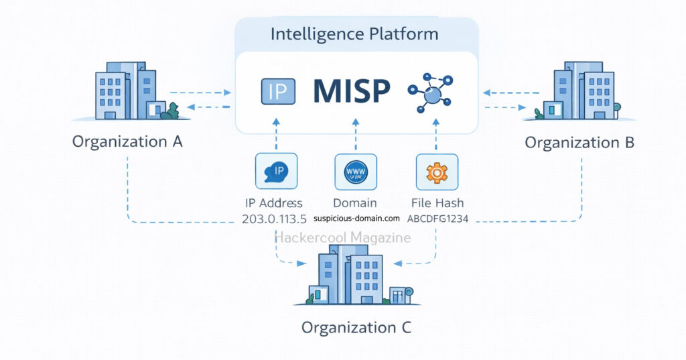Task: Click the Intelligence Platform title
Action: [355, 34]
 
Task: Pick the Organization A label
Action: [127, 141]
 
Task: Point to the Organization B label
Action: [579, 142]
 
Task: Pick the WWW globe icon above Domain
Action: [356, 172]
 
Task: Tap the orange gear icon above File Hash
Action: [437, 172]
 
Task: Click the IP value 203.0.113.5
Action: [273, 219]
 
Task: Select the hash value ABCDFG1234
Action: [437, 219]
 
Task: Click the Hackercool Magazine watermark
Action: [343, 237]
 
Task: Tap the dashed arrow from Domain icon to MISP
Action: [356, 134]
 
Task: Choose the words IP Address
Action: [273, 203]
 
